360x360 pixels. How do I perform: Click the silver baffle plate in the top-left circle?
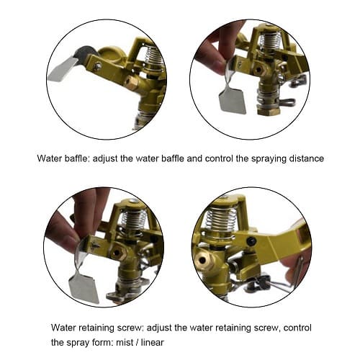[63, 69]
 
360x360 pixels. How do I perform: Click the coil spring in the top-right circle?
[271, 41]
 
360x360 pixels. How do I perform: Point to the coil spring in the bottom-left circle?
[132, 219]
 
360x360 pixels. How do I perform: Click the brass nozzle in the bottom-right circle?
[204, 259]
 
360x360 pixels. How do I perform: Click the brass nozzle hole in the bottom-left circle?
[117, 253]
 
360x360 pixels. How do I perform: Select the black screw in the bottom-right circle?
[250, 240]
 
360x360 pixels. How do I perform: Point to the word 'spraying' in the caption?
[269, 159]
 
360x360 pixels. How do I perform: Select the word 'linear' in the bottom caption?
[153, 342]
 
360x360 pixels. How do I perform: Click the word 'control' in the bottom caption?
[297, 328]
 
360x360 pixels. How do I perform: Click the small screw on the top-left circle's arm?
[97, 66]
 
